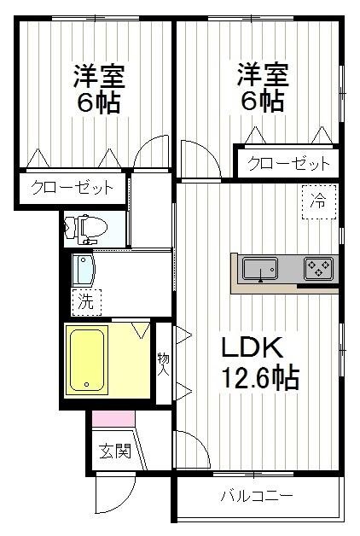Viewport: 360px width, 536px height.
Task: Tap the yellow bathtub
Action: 87,359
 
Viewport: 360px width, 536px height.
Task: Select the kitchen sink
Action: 259,270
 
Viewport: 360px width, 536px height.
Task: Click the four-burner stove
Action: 319,270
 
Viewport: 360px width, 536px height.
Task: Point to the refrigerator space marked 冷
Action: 318,202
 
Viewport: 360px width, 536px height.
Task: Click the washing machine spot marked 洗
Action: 85,300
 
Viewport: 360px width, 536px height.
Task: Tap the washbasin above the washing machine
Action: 82,271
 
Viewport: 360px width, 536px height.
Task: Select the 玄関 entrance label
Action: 113,452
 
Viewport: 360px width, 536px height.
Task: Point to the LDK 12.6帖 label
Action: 260,363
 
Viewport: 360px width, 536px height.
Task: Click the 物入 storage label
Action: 163,364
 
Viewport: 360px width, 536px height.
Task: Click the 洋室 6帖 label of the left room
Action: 99,89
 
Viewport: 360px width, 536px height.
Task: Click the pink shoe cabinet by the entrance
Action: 113,419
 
